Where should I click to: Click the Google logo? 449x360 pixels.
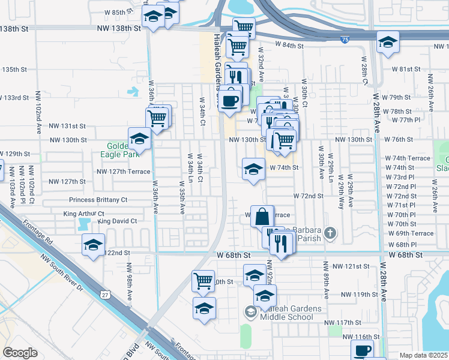pyautogui.click(x=20, y=353)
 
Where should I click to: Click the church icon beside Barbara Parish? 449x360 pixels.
pyautogui.click(x=330, y=232)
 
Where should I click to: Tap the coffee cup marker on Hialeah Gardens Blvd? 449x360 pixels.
pyautogui.click(x=229, y=99)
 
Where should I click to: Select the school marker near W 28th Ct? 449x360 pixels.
pyautogui.click(x=388, y=43)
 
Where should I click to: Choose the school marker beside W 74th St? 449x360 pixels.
pyautogui.click(x=253, y=169)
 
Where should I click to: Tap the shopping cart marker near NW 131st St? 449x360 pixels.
pyautogui.click(x=157, y=118)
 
